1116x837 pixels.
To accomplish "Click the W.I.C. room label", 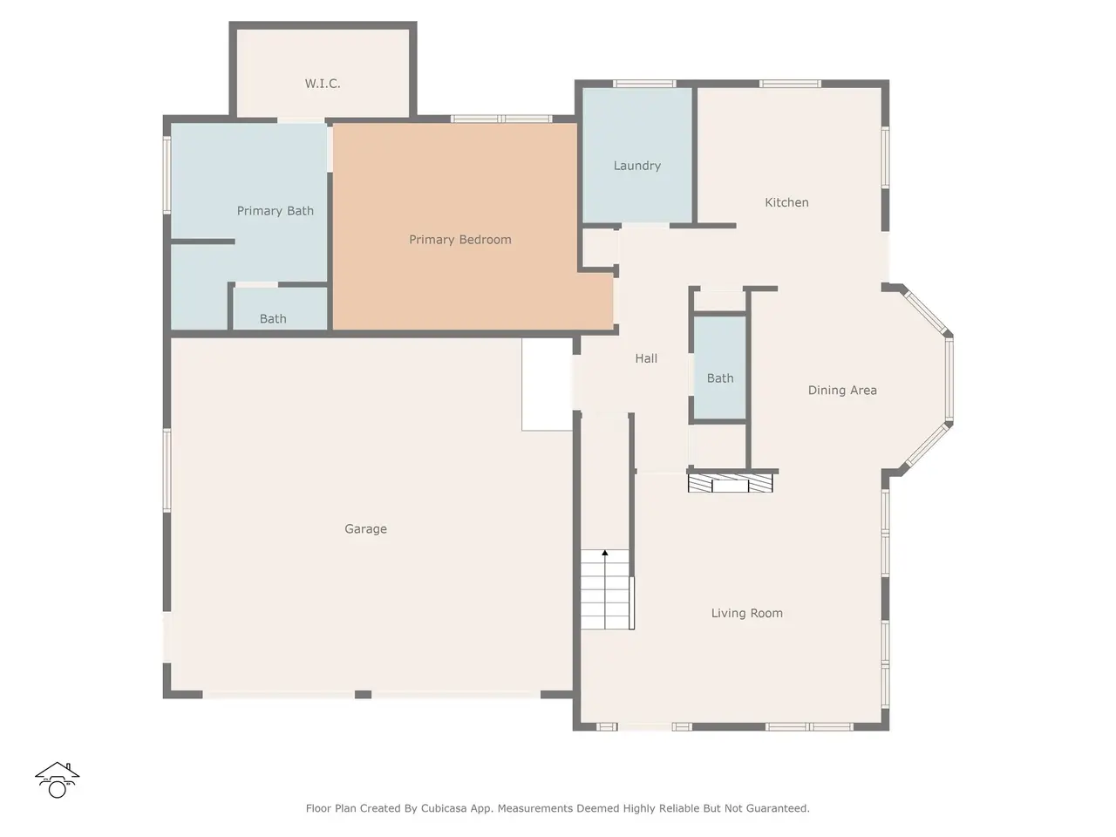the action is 323,84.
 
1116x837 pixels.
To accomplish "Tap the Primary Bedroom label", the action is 460,240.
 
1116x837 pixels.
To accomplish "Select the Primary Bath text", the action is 275,211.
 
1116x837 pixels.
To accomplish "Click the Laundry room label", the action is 637,166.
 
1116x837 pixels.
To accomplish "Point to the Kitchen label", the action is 786,202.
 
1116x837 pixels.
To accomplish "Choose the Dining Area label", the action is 842,391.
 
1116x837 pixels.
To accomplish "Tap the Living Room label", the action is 747,614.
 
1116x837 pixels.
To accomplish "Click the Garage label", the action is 365,529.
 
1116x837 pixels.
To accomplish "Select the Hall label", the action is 646,358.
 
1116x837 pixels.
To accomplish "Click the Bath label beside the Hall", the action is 720,378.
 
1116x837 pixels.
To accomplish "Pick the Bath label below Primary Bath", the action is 273,318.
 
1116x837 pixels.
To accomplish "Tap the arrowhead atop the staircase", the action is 605,553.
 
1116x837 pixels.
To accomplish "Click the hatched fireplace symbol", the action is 730,483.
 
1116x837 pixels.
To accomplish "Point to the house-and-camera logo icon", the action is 57,779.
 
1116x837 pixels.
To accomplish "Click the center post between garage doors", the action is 363,694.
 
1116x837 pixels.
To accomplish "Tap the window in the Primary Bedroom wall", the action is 501,119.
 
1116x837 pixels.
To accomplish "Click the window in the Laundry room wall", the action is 644,84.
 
